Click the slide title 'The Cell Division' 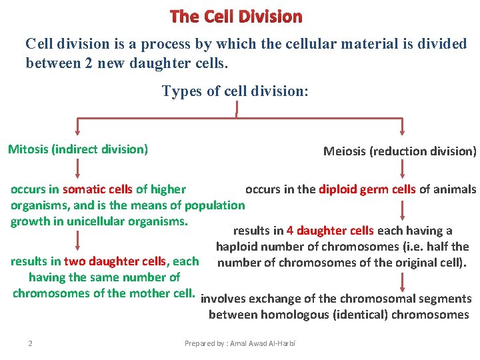(x=236, y=16)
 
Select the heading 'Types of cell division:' (x=235, y=91)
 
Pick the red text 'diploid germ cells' (x=367, y=189)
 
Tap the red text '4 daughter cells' (x=330, y=231)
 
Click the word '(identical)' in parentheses (x=357, y=315)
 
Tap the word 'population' (x=215, y=205)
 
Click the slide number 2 (x=31, y=343)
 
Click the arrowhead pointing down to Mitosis (x=77, y=132)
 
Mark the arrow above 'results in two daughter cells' (x=77, y=241)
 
